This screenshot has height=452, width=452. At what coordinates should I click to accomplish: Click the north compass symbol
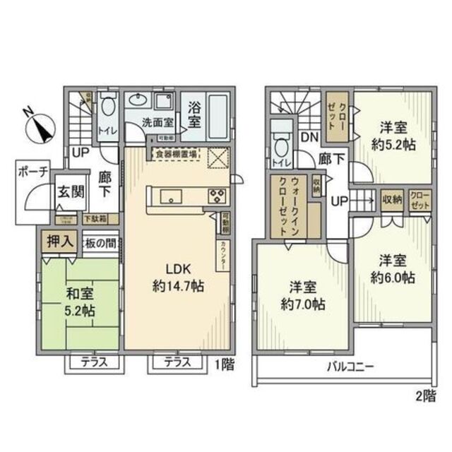[x=38, y=126]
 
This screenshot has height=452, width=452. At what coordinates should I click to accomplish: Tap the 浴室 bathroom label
[x=196, y=115]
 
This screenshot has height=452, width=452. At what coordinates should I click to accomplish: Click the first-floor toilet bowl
[x=108, y=108]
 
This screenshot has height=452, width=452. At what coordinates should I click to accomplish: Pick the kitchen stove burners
[x=215, y=196]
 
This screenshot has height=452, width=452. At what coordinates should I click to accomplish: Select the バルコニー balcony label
[x=350, y=367]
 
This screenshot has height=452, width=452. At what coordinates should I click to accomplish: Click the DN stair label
[x=308, y=138]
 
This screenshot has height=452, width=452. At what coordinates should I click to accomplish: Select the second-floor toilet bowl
[x=281, y=146]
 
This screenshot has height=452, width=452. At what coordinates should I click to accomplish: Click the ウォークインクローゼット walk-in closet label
[x=288, y=205]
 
